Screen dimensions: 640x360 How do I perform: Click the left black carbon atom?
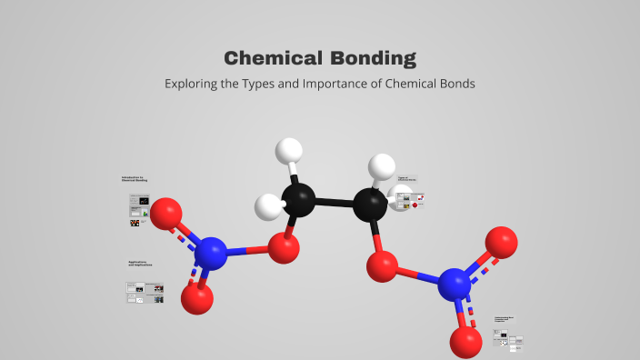[298, 199]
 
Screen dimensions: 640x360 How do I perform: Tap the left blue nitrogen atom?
[211, 253]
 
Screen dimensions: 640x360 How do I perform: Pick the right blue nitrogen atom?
[455, 285]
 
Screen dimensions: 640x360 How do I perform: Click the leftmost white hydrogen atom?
[269, 206]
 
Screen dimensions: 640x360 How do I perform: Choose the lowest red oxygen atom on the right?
[465, 342]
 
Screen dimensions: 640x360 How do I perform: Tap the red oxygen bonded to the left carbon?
[284, 248]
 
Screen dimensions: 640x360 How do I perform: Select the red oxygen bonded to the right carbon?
[382, 266]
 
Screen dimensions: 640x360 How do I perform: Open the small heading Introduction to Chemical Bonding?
[134, 179]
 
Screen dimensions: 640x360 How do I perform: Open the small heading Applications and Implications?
[140, 264]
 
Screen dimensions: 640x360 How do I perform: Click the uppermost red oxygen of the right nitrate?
[501, 241]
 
